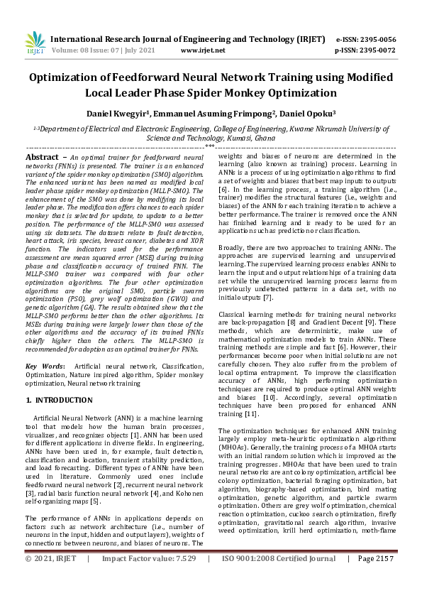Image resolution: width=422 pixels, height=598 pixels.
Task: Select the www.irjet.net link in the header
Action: click(x=203, y=50)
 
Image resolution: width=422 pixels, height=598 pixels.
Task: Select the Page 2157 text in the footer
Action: click(x=375, y=579)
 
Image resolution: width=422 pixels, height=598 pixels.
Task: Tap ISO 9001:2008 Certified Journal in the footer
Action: click(x=279, y=579)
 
